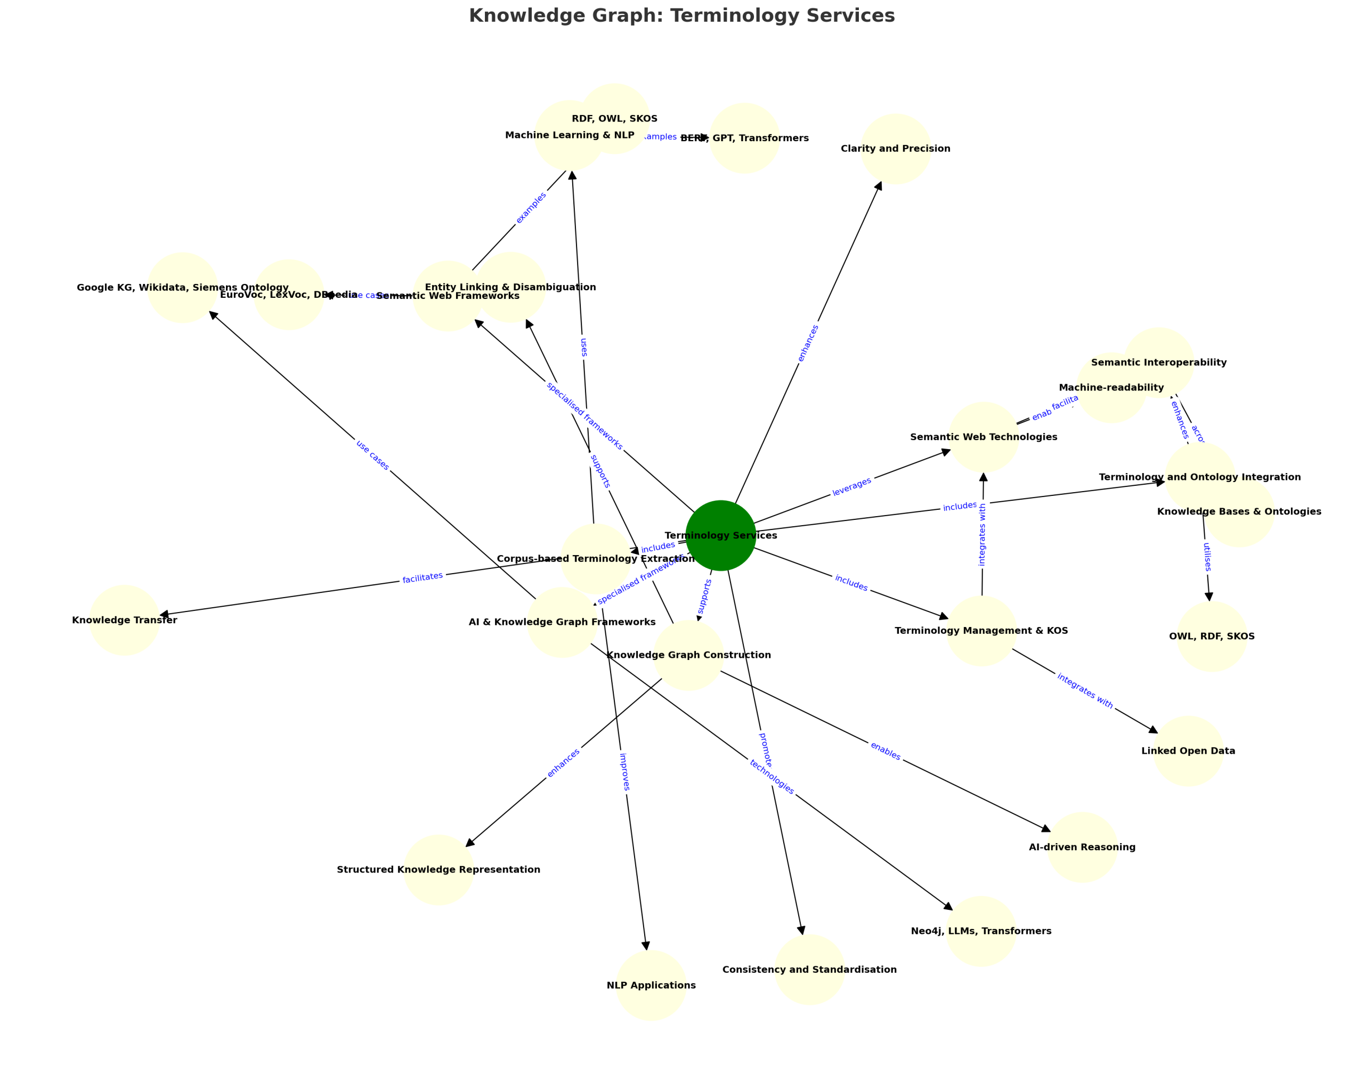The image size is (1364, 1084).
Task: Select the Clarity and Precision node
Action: coord(895,149)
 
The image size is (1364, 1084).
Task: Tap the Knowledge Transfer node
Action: coord(125,620)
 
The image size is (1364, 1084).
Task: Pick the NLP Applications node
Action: coord(651,985)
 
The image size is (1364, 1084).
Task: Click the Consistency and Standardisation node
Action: coord(810,969)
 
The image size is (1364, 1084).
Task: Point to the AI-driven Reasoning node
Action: coord(1082,847)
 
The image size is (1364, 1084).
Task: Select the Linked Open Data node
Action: coord(1188,751)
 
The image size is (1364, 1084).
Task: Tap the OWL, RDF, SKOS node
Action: coord(1212,636)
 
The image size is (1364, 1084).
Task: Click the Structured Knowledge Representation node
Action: coord(439,870)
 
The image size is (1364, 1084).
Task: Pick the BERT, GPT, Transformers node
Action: coord(745,138)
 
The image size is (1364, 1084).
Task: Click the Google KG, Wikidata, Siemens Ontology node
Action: coord(183,288)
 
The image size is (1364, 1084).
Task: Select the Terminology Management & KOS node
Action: coord(981,631)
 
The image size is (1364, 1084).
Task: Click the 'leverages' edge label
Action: coord(851,486)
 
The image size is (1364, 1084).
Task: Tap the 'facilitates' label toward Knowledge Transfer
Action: coord(423,577)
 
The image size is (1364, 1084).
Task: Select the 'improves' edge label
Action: coord(624,771)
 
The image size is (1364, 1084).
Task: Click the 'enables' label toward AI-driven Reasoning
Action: coord(885,751)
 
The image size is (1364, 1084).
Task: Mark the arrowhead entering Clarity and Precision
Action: coord(878,186)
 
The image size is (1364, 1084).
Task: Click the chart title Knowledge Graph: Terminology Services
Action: coord(682,16)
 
